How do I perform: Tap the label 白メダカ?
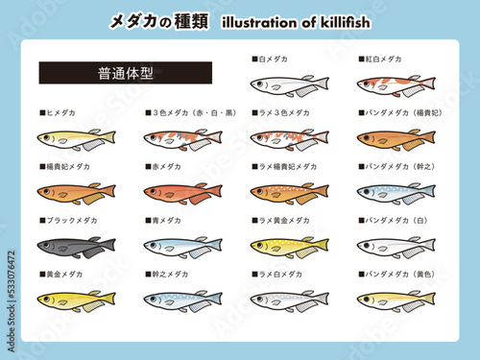pyautogui.click(x=272, y=60)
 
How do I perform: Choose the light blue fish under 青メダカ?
pyautogui.click(x=182, y=247)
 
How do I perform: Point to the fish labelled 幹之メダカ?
pyautogui.click(x=182, y=300)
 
